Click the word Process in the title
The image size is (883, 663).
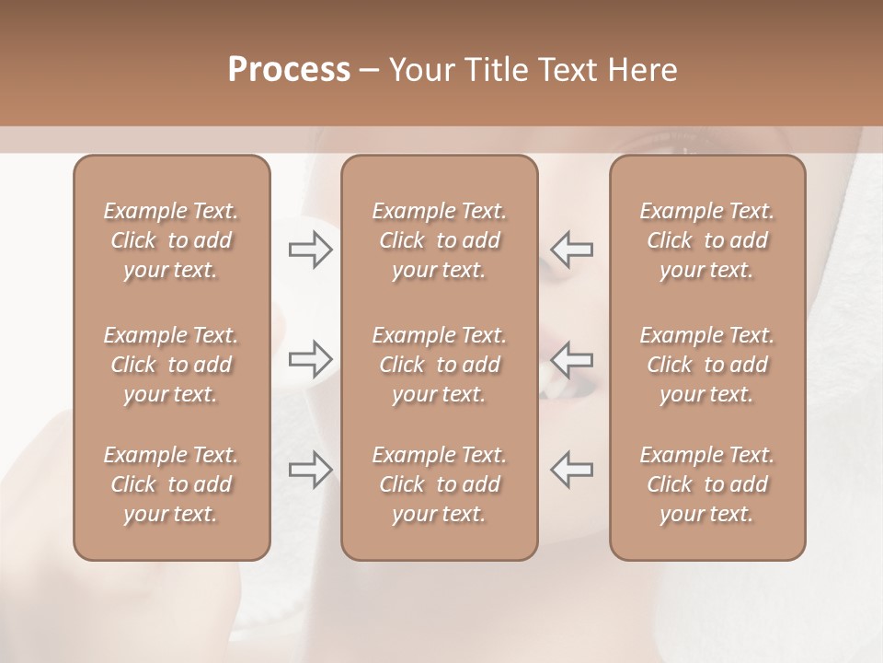(x=289, y=70)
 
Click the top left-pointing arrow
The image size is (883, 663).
(x=571, y=250)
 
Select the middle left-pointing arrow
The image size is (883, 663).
(x=571, y=359)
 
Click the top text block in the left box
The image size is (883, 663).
(x=171, y=240)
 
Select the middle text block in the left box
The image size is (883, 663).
(x=171, y=365)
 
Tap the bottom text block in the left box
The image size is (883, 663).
(x=171, y=484)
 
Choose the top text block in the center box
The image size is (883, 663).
(x=439, y=240)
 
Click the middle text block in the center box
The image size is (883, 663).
(x=439, y=365)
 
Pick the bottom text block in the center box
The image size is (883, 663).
(x=439, y=484)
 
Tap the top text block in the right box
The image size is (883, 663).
(x=706, y=240)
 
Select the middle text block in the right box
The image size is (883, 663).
(x=706, y=365)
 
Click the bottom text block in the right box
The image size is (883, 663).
(x=706, y=484)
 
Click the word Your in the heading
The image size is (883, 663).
(x=420, y=70)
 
